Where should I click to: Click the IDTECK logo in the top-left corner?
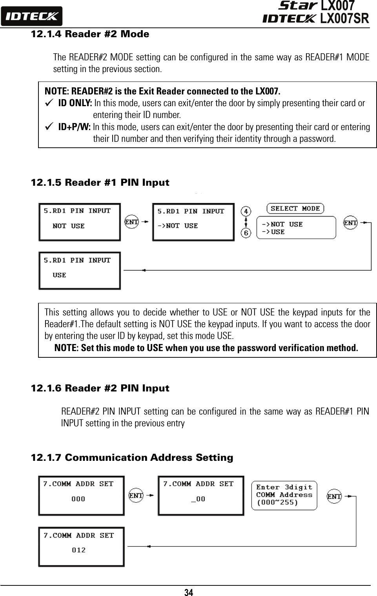[31, 16]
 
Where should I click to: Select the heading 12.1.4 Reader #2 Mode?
[90, 34]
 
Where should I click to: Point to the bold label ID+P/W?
[75, 127]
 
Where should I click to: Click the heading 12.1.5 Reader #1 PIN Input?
[100, 183]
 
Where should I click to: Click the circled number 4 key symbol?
[246, 212]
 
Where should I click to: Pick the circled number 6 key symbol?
[246, 233]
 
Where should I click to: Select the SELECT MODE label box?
[295, 208]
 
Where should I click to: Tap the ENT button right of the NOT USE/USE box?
[350, 223]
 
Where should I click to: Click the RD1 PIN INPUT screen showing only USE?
[79, 270]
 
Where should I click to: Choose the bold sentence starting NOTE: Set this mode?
[206, 348]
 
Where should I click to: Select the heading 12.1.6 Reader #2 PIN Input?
[100, 388]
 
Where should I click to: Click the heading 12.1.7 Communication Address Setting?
[132, 458]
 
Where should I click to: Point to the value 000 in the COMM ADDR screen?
[78, 499]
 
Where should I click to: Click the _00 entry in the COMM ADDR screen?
[198, 499]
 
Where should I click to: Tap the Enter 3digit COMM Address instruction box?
[284, 495]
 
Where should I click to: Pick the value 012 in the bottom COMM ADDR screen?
[78, 550]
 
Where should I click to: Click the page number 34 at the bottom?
[189, 592]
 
